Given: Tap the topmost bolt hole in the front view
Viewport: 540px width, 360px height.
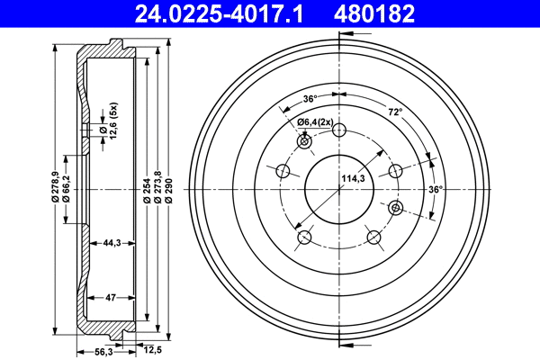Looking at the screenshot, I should point(338,130).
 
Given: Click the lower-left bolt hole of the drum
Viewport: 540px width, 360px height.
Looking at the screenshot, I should point(304,238).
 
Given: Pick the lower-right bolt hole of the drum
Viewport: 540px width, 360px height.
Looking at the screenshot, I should point(373,238).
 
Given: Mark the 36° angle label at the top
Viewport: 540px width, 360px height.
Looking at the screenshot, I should point(310,99).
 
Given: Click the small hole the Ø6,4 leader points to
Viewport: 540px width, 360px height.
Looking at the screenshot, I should point(304,142).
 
